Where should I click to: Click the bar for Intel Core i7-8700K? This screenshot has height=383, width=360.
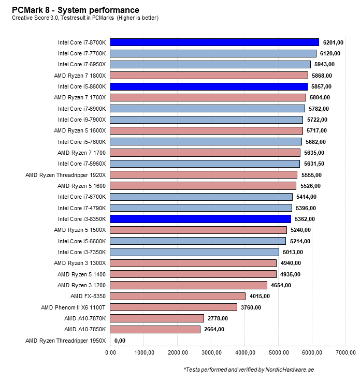pos(214,42)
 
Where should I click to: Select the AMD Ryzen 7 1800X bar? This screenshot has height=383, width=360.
pos(209,76)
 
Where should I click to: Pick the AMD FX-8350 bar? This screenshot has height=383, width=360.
pos(178,296)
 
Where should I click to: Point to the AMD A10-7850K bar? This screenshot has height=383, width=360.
pos(155,329)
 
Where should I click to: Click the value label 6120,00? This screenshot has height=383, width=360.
pos(331,53)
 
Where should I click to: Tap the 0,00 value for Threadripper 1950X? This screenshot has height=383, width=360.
pos(120,341)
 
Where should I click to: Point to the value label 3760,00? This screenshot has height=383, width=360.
pos(251,307)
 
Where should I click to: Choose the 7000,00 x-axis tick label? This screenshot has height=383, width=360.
pos(345,353)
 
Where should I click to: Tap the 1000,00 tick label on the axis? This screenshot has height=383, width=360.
pos(145,353)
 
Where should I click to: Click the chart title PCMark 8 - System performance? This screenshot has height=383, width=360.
pos(76,10)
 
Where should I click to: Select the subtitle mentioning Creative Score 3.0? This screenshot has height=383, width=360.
pos(85,18)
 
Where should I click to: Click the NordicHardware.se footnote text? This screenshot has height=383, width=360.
pos(249,370)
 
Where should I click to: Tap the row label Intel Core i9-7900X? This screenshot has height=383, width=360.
pos(82,120)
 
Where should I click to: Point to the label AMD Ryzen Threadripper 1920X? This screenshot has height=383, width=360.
pos(65,175)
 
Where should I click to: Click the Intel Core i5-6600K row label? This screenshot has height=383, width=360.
pos(82,241)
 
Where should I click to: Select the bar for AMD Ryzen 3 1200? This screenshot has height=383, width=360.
pos(189,285)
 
